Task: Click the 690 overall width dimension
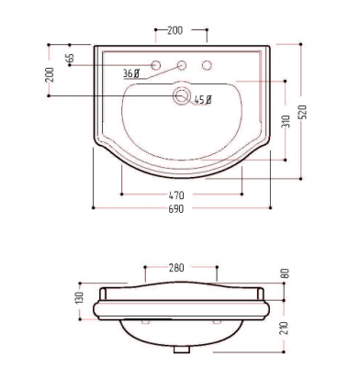[x=176, y=208]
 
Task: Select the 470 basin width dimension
[x=176, y=195]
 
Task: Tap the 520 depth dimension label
[x=302, y=112]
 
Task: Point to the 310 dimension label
[x=286, y=121]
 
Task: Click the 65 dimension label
[x=70, y=58]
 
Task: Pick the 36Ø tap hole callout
[x=131, y=73]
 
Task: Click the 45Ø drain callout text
[x=203, y=100]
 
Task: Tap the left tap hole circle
[x=156, y=65]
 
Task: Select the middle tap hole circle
[x=182, y=65]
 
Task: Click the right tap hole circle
[x=207, y=65]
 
